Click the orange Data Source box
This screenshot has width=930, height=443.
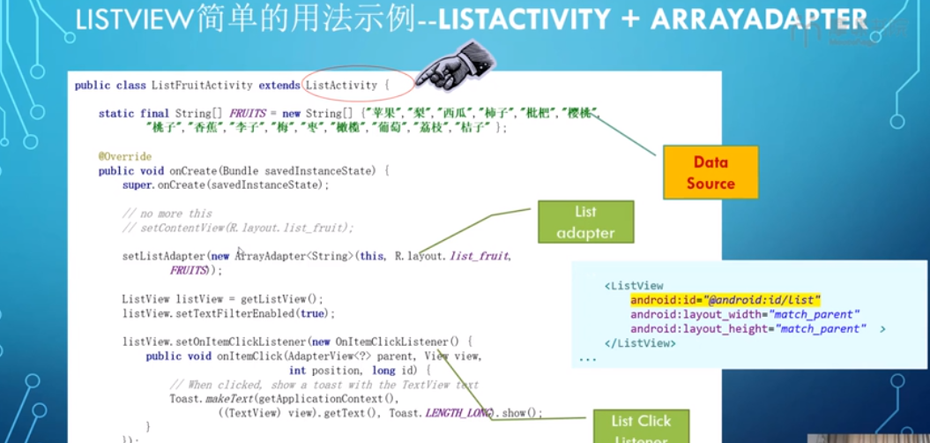[x=711, y=172]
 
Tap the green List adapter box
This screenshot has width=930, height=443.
[x=585, y=222]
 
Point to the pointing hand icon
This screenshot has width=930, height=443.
[x=454, y=68]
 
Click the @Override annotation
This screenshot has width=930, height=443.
[x=125, y=156]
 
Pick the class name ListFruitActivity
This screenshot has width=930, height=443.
[x=202, y=85]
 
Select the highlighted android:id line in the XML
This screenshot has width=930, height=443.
[x=725, y=300]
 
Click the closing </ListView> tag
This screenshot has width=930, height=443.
[x=640, y=343]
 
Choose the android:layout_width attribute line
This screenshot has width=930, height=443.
[x=744, y=314]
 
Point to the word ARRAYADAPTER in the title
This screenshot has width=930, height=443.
[x=759, y=19]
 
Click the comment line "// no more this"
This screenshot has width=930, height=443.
[x=167, y=213]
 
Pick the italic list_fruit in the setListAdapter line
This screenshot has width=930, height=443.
[x=479, y=256]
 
